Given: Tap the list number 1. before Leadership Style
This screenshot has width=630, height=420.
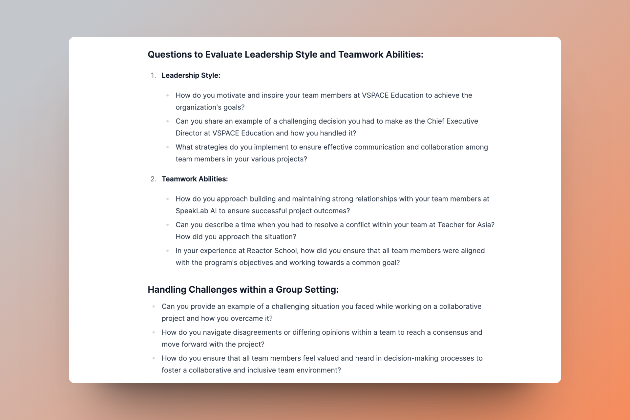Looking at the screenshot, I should tap(154, 75).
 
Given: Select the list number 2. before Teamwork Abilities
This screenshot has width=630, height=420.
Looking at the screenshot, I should tap(154, 179).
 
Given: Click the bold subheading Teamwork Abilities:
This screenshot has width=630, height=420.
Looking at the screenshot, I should tap(195, 179).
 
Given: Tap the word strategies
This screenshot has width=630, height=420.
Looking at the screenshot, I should tap(212, 147).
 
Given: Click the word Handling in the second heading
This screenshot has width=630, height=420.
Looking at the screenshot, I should tap(167, 290).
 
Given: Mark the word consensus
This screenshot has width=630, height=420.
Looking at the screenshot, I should tap(450, 332).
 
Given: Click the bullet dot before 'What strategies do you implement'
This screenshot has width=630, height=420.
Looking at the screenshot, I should tap(168, 147).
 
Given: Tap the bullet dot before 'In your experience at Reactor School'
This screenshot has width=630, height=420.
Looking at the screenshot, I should tap(168, 251).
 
